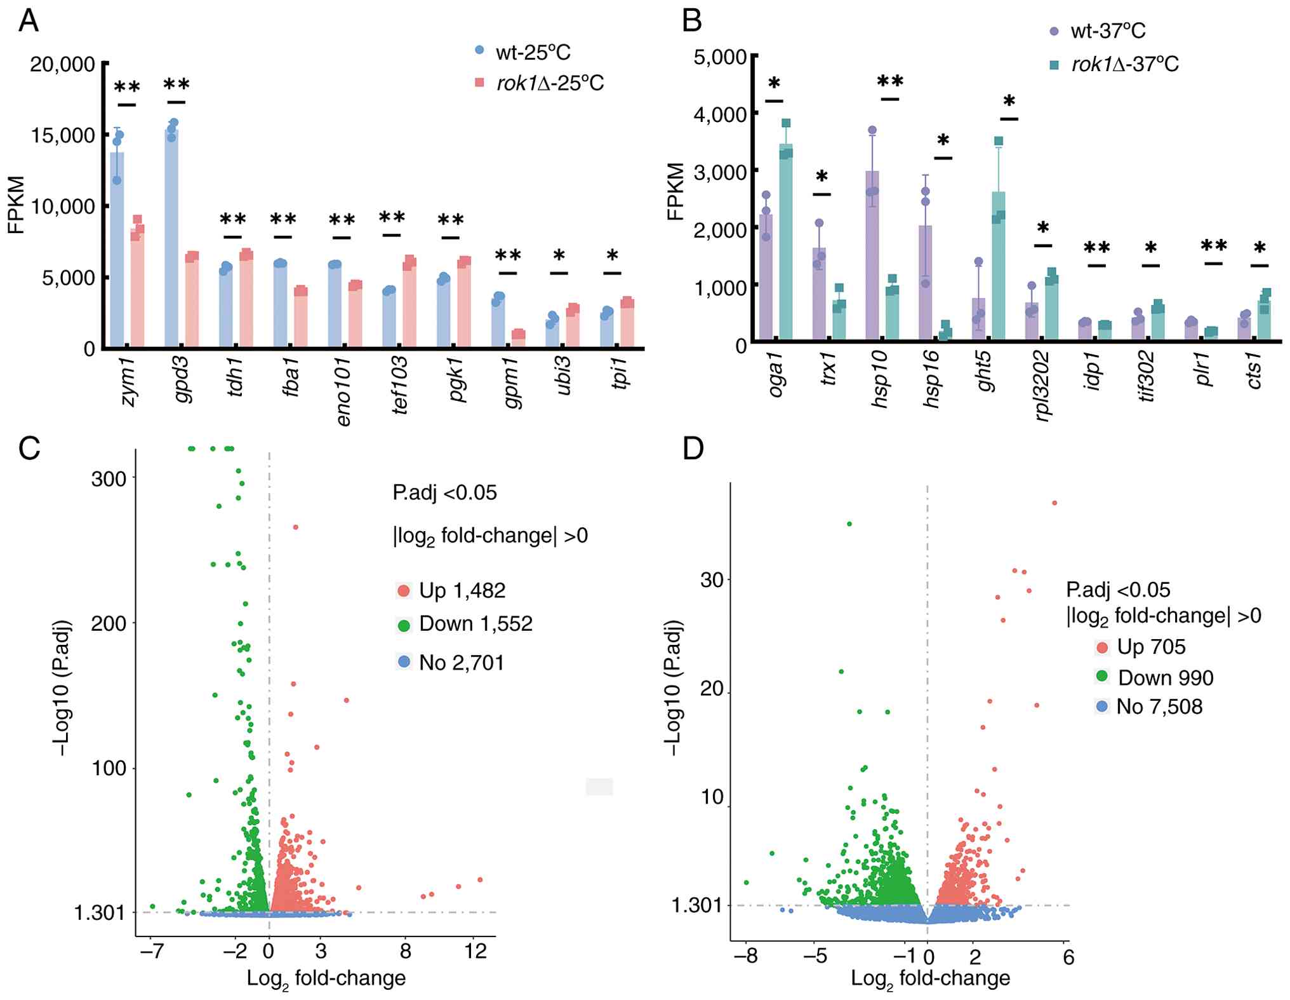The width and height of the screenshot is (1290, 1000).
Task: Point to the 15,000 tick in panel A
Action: click(62, 135)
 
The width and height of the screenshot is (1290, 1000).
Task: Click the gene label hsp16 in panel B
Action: click(933, 379)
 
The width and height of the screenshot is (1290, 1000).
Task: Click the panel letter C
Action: click(29, 449)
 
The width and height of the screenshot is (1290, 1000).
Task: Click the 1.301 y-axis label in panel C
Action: click(100, 913)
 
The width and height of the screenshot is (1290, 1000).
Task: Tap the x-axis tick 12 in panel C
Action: click(475, 951)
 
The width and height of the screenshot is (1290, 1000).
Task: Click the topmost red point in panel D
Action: click(1054, 503)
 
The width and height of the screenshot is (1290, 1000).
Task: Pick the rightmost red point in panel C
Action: click(481, 880)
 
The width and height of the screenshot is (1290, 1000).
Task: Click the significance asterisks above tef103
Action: click(392, 219)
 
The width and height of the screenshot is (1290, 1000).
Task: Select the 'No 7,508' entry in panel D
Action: click(1159, 707)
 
